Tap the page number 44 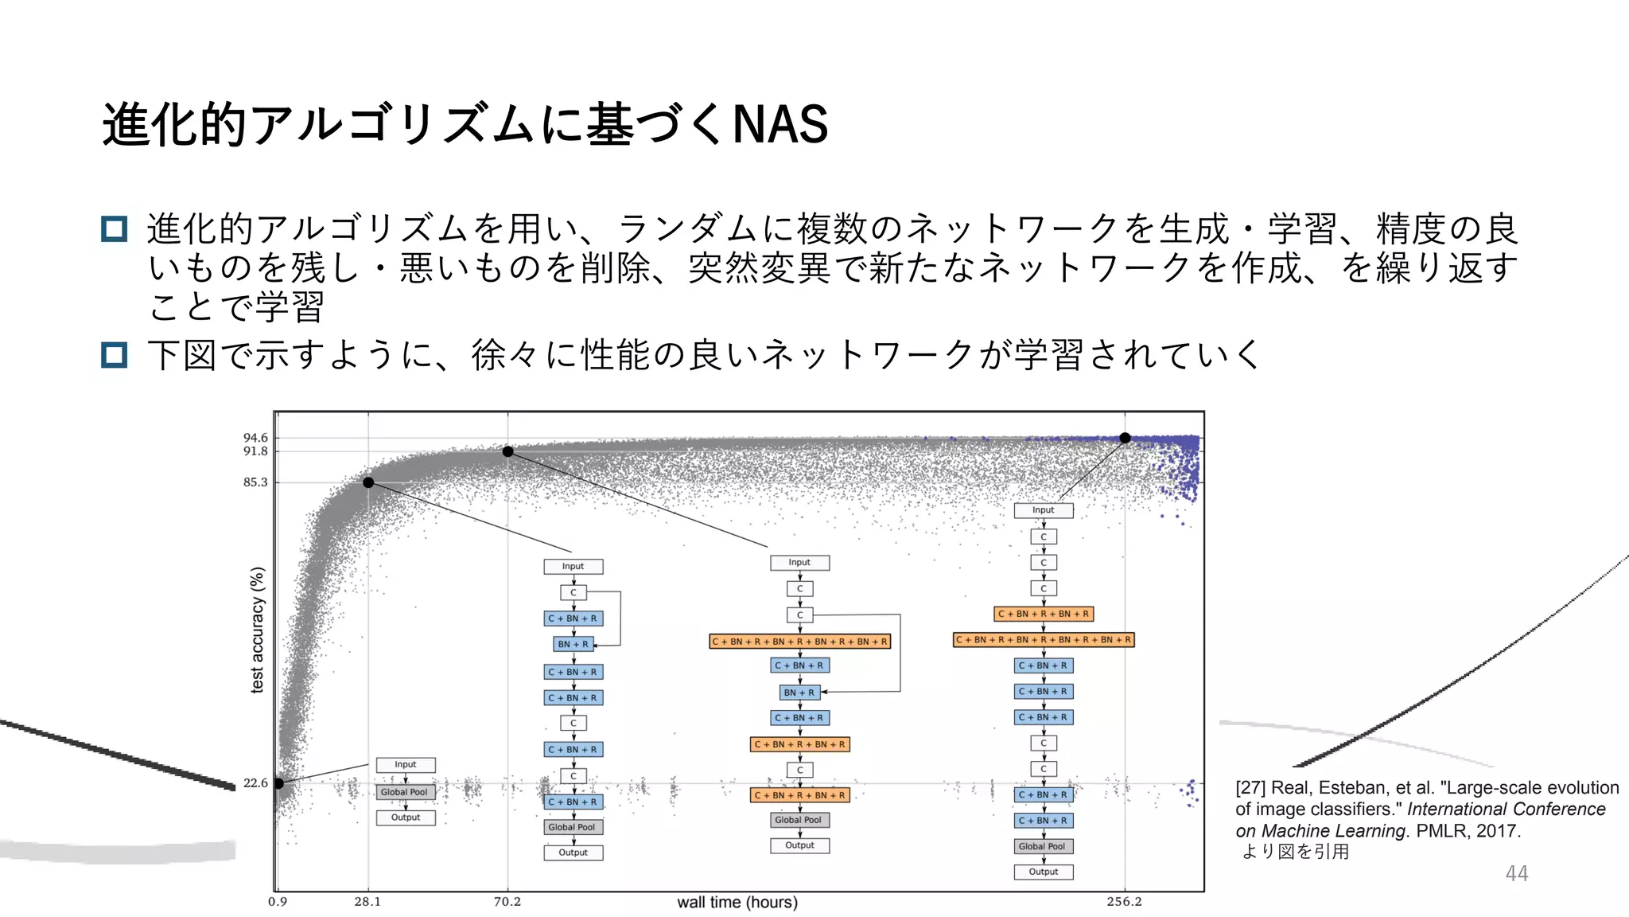[x=1516, y=873]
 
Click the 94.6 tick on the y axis [x=255, y=438]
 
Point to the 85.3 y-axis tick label [x=255, y=482]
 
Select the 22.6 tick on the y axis [x=255, y=783]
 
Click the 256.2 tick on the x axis [x=1124, y=902]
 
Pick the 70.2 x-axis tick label [x=507, y=902]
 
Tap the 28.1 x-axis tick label [x=367, y=902]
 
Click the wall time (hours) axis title [x=737, y=902]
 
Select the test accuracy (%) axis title [x=257, y=630]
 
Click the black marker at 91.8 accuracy [x=508, y=452]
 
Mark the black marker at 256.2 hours [x=1125, y=438]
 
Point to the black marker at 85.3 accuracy [x=368, y=482]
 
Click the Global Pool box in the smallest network [x=405, y=792]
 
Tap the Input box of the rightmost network [x=1043, y=510]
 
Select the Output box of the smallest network [x=405, y=817]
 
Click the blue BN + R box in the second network [x=573, y=644]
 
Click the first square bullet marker [x=115, y=229]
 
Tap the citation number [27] [x=1250, y=788]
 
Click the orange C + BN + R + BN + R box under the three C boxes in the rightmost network [x=1043, y=614]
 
